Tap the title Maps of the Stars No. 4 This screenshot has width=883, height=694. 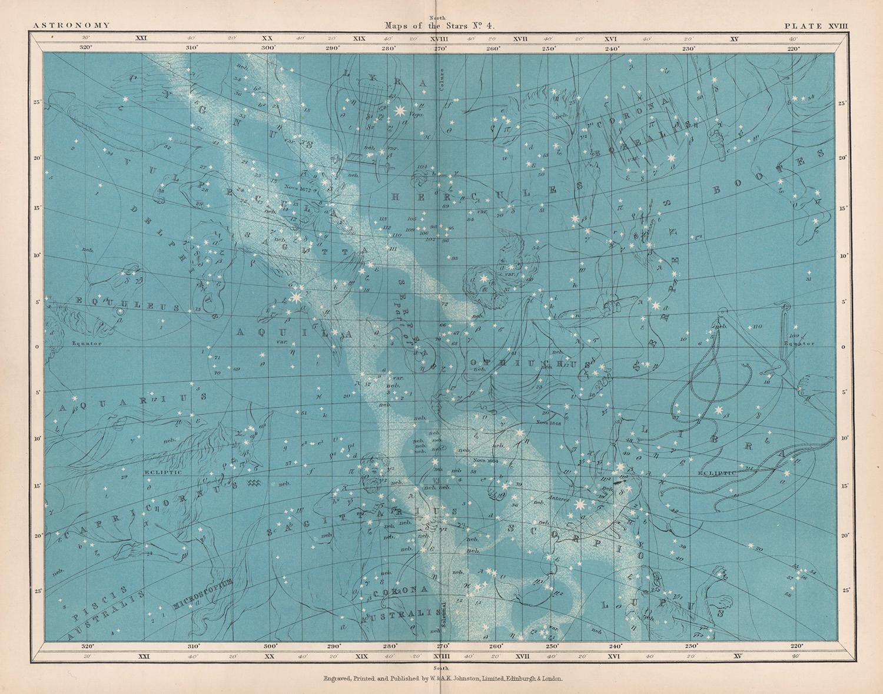441,26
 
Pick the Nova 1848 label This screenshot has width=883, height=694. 549,422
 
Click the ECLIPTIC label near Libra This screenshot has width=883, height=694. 716,473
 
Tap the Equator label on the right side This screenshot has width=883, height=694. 799,344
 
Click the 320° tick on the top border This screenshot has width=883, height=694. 86,47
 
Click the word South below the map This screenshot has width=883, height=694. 440,668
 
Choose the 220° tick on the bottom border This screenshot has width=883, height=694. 796,645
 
